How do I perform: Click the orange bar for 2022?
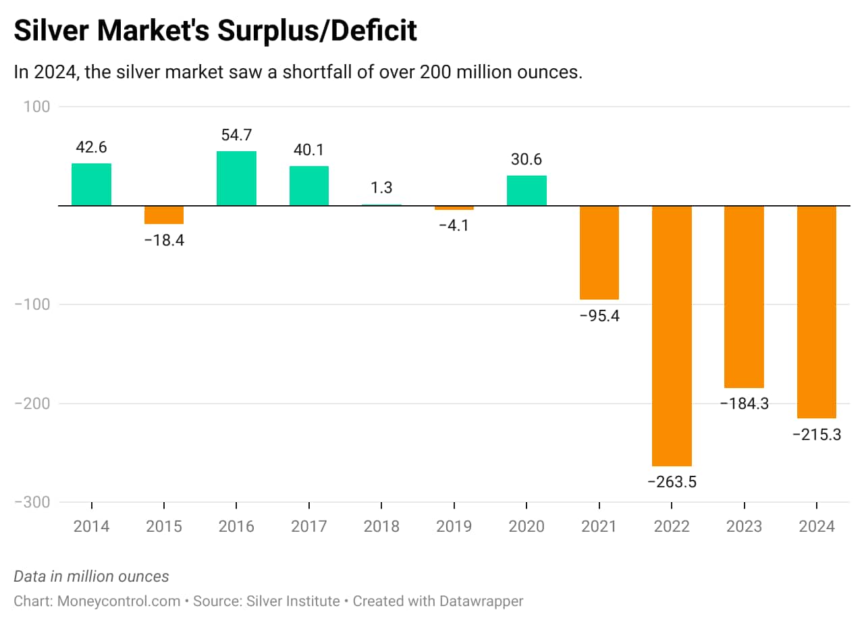[672, 335]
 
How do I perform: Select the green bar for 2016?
[236, 178]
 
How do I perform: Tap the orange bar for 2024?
[817, 312]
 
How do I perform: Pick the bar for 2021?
[599, 252]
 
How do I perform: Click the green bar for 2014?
[91, 184]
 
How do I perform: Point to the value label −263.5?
[672, 482]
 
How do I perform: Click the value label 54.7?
[236, 134]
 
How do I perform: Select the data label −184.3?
[744, 404]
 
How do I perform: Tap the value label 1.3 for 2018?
[381, 188]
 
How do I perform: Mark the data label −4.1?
[454, 225]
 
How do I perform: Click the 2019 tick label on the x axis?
[454, 526]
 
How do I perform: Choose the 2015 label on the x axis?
[164, 526]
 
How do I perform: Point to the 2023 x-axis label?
[744, 526]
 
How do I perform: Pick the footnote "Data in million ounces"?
[91, 576]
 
